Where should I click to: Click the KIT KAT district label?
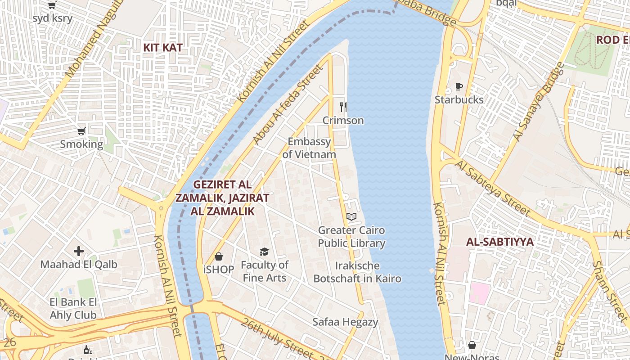[x=162, y=47]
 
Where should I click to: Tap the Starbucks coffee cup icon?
[x=459, y=87]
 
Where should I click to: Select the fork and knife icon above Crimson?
[x=343, y=107]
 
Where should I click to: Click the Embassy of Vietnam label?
[x=309, y=148]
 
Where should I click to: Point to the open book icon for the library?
[x=351, y=217]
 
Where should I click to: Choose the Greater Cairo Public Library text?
[x=351, y=237]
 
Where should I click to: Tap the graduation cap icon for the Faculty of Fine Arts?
[x=264, y=252]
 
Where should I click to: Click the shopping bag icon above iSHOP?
[x=219, y=256]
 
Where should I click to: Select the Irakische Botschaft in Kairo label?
[x=357, y=272]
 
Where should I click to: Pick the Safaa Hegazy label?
[x=345, y=322]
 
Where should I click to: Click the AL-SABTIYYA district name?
[x=499, y=242]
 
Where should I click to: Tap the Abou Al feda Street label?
[x=288, y=105]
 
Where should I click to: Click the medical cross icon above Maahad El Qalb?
[x=79, y=251]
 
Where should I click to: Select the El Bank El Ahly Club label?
[x=73, y=308]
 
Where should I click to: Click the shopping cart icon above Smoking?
[x=81, y=131]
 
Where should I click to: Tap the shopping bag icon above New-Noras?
[x=472, y=345]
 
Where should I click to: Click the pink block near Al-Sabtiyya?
[x=480, y=293]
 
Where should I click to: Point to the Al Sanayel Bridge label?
[x=539, y=102]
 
